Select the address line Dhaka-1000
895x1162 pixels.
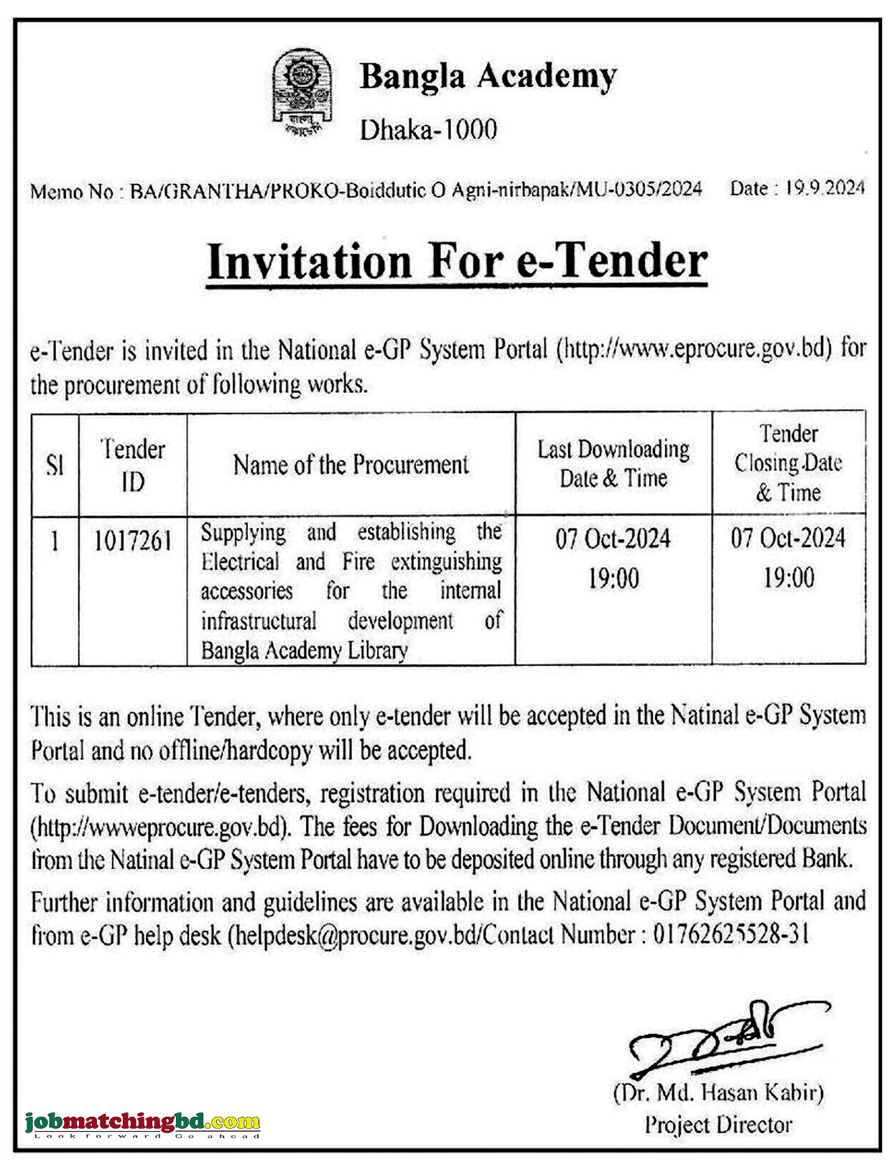[x=428, y=130]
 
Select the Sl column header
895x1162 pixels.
[x=55, y=465]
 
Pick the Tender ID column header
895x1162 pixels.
[x=133, y=465]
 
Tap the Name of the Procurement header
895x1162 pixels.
[x=351, y=465]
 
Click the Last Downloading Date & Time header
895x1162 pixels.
[x=613, y=464]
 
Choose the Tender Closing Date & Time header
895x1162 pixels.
[x=788, y=463]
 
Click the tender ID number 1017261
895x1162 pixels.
[x=133, y=541]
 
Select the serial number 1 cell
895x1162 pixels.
[x=55, y=541]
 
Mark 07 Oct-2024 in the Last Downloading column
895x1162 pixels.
[x=613, y=539]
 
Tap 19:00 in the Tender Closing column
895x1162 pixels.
[x=788, y=578]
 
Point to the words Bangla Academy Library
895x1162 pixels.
[x=305, y=651]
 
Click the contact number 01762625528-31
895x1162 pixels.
[x=731, y=934]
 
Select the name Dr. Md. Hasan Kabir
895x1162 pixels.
[x=718, y=1093]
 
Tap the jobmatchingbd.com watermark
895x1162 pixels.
[x=142, y=1123]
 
